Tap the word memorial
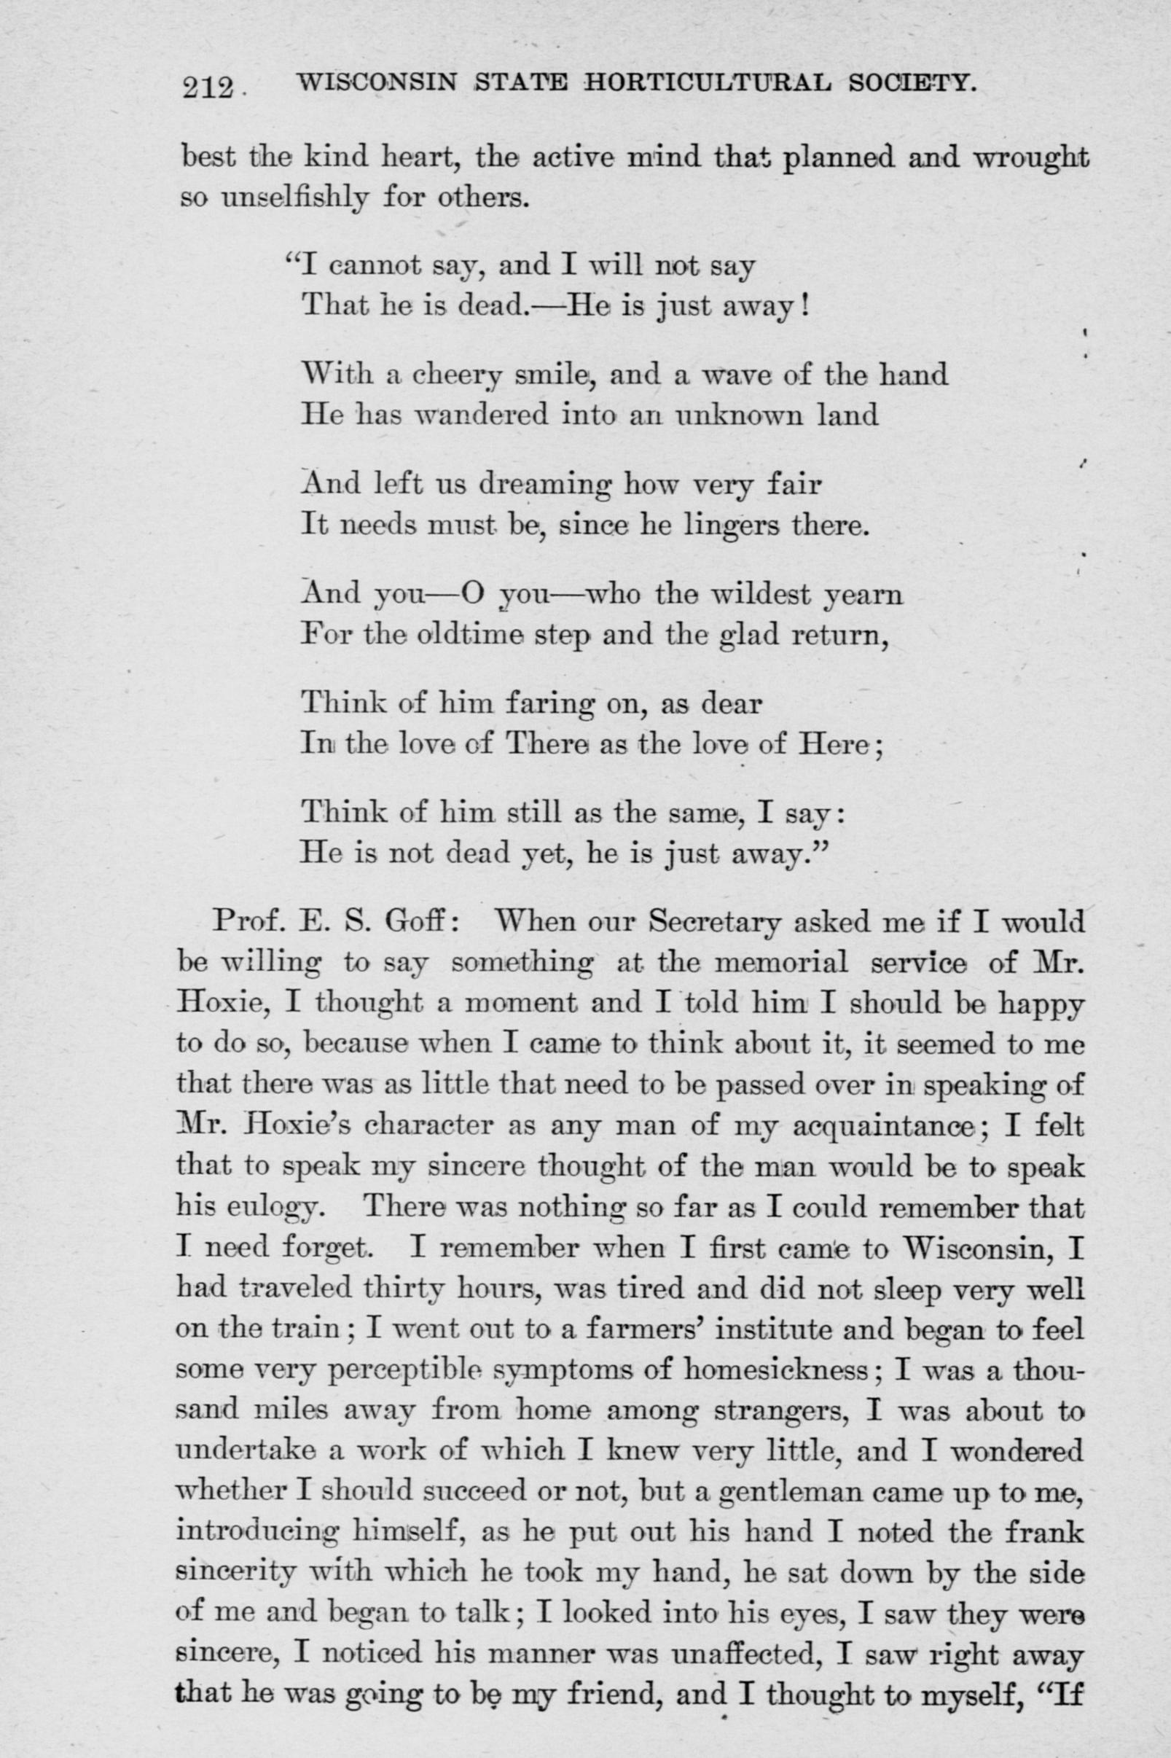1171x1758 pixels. [x=782, y=963]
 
